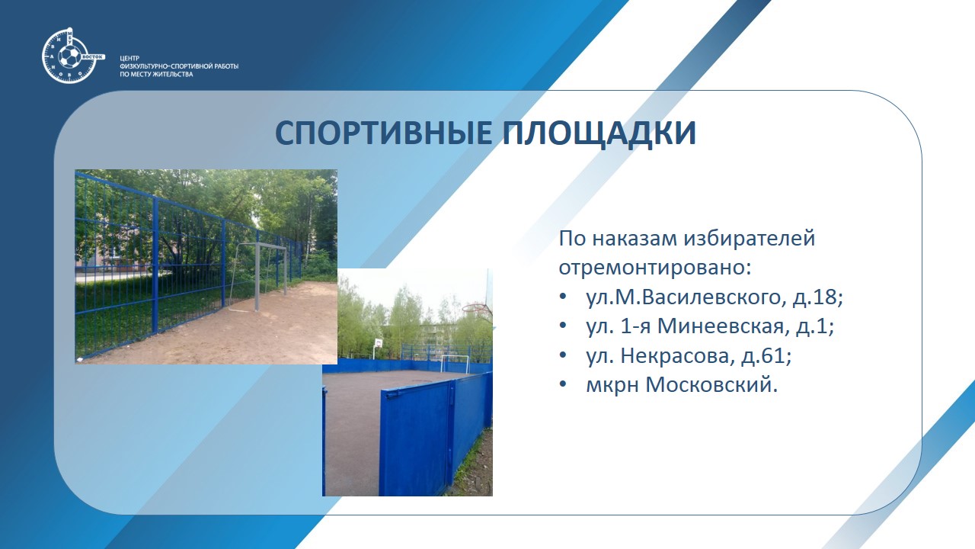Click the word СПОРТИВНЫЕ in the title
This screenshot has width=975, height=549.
pos(383,133)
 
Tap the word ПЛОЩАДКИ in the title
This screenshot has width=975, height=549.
pos(599,133)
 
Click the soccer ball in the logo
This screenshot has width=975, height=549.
pos(69,57)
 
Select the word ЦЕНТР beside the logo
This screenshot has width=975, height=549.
pos(129,58)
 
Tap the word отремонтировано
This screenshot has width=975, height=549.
pos(655,268)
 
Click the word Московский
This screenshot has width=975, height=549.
pos(711,385)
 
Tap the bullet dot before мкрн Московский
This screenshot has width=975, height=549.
pos(563,385)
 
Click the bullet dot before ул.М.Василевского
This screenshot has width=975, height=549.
pos(563,297)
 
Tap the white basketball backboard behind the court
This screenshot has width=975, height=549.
pos(379,343)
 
